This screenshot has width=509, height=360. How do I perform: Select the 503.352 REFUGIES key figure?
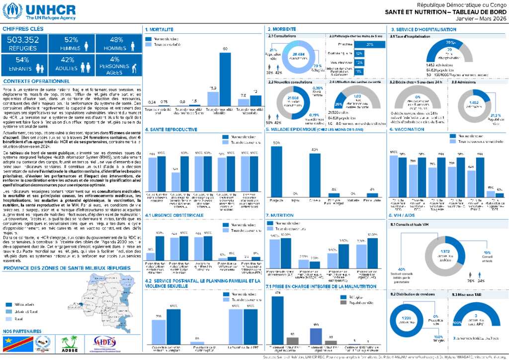coord(23,44)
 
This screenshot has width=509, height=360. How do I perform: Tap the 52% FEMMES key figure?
coord(71,44)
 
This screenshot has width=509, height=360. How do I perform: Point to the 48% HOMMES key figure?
coord(116,44)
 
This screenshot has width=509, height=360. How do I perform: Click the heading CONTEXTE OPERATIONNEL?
coord(36,81)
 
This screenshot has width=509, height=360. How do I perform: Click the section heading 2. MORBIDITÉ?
coord(282,29)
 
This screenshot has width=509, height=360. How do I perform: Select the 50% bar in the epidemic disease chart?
coord(276,169)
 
